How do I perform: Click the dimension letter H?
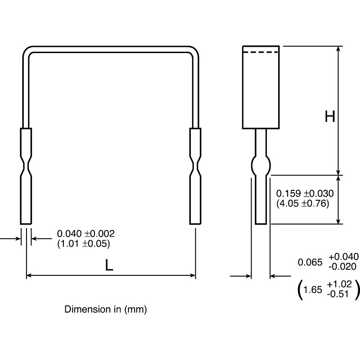point(330,117)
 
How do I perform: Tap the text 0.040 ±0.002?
point(86,234)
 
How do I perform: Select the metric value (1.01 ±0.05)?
point(84,243)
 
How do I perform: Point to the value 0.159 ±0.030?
point(305,193)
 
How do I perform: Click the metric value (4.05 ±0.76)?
point(303,203)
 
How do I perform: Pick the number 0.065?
point(310,262)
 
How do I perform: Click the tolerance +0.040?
point(343,257)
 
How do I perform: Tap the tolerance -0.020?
point(343,266)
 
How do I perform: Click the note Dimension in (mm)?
point(106,310)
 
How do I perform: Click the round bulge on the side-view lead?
point(261,166)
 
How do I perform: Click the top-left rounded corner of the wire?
point(27,51)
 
